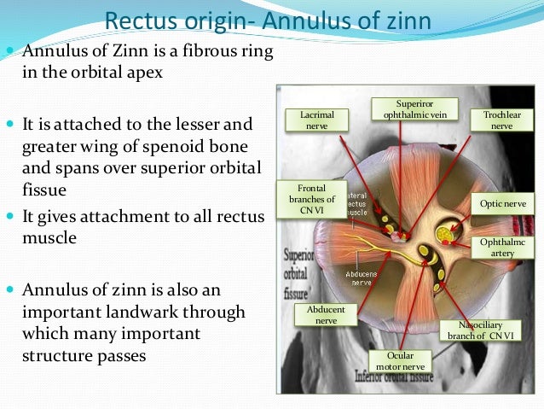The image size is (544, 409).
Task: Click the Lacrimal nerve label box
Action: [x=316, y=120]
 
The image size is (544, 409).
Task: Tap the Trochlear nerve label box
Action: [x=501, y=120]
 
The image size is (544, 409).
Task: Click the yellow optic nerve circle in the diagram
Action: [x=445, y=233]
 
